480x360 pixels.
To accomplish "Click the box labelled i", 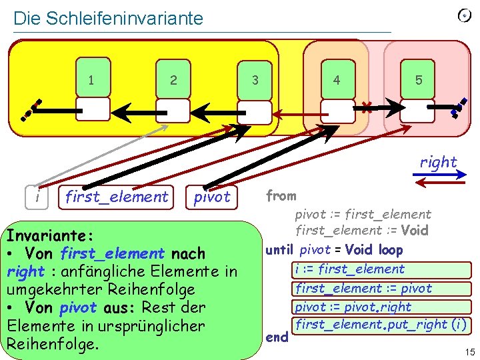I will pyautogui.click(x=39, y=197).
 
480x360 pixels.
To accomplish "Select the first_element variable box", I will pyautogui.click(x=117, y=197).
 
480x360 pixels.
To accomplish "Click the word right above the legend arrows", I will pyautogui.click(x=438, y=162).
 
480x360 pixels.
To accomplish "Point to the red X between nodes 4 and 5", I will pyautogui.click(x=366, y=107).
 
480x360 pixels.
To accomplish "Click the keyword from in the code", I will pyautogui.click(x=281, y=196).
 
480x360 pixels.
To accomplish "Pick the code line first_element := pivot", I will pyautogui.click(x=363, y=289).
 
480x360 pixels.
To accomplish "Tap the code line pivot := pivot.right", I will pyautogui.click(x=353, y=307).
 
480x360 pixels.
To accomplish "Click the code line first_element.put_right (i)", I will pyautogui.click(x=381, y=325).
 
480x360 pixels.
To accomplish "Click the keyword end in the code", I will pyautogui.click(x=277, y=337).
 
